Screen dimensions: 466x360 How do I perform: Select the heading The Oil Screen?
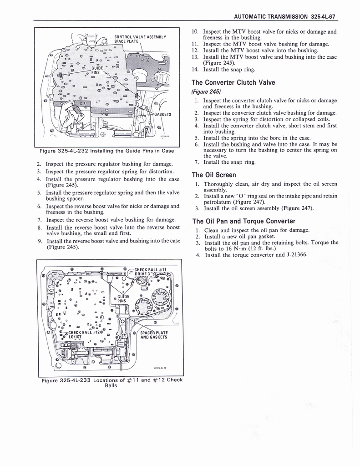(213, 175)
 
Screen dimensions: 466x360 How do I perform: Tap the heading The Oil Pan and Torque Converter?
(243, 222)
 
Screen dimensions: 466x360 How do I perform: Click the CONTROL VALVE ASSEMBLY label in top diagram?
(140, 37)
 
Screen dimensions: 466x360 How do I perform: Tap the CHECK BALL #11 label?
(152, 268)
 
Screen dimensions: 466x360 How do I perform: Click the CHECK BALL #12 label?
(83, 332)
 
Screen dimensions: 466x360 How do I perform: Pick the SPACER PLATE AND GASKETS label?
(154, 335)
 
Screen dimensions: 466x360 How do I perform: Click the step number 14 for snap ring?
(195, 70)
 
